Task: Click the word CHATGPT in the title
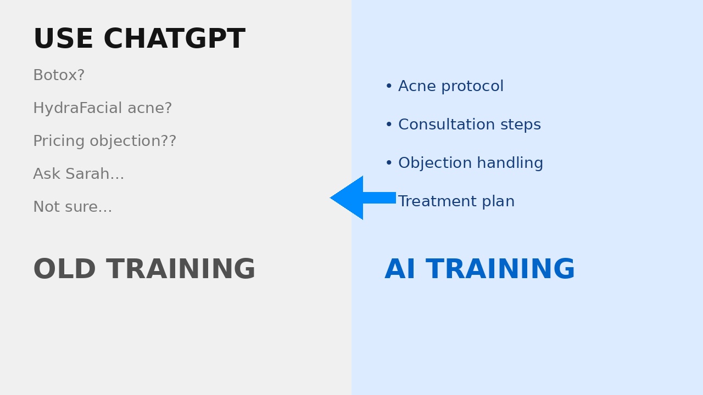[x=174, y=39]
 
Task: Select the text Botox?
[x=59, y=76]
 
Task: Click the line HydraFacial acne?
[x=102, y=109]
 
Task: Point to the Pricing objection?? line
[x=104, y=142]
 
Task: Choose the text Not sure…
[x=72, y=207]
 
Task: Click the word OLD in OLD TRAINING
[x=65, y=270]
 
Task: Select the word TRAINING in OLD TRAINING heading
[x=181, y=270]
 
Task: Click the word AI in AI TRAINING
[x=400, y=270]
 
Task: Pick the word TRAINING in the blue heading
[x=500, y=270]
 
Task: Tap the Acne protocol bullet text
[x=450, y=87]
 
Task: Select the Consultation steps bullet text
[x=469, y=125]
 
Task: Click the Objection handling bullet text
[x=470, y=163]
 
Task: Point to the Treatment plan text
[x=456, y=202]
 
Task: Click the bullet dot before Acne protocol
[x=389, y=87]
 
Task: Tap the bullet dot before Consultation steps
[x=389, y=125]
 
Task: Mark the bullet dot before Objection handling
[x=389, y=163]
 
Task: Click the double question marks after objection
[x=169, y=142]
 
